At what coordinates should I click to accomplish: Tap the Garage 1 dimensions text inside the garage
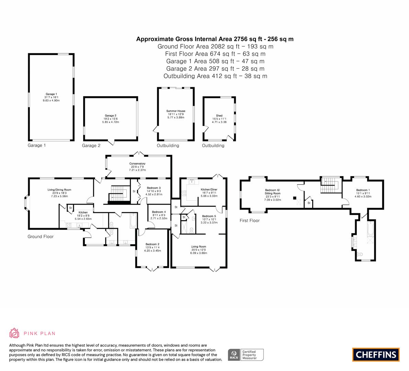pyautogui.click(x=51, y=99)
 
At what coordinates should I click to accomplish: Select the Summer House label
pyautogui.click(x=176, y=111)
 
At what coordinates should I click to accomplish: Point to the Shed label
pyautogui.click(x=219, y=115)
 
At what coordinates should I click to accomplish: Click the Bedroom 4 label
pyautogui.click(x=159, y=212)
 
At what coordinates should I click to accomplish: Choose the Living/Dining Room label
pyautogui.click(x=59, y=190)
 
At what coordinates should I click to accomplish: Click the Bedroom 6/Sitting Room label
pyautogui.click(x=272, y=192)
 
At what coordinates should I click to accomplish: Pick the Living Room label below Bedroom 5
pyautogui.click(x=198, y=247)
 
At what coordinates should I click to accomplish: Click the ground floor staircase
pyautogui.click(x=119, y=194)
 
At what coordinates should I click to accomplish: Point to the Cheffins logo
pyautogui.click(x=376, y=355)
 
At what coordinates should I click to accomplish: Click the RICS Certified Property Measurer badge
pyautogui.click(x=246, y=355)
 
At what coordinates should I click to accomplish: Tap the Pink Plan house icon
pyautogui.click(x=14, y=333)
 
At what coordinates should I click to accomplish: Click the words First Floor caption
pyautogui.click(x=250, y=221)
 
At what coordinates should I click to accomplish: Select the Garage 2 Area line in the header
pyautogui.click(x=215, y=69)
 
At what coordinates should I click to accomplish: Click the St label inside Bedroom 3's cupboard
pyautogui.click(x=134, y=191)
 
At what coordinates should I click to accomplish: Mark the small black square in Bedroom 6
pyautogui.click(x=295, y=198)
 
